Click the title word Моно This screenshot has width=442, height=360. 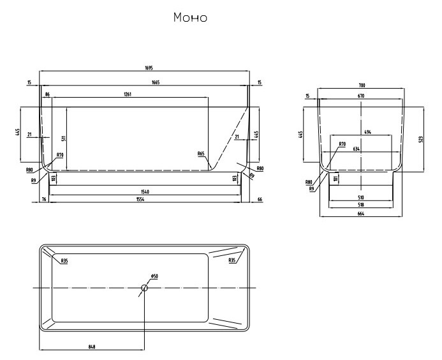(x=190, y=17)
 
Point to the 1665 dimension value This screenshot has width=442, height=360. (x=145, y=82)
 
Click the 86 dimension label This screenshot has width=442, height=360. (x=47, y=94)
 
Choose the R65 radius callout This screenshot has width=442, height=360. (x=201, y=154)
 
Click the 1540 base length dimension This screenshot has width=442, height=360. (x=145, y=191)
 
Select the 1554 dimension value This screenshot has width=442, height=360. (x=145, y=200)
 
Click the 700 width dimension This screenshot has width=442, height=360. (x=362, y=86)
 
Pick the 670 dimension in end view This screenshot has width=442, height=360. (x=362, y=96)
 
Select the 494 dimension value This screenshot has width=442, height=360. (x=367, y=133)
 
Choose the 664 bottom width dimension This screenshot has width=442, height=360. (x=362, y=214)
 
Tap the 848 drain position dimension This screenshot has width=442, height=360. (x=92, y=347)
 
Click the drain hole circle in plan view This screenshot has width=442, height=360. (x=145, y=288)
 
